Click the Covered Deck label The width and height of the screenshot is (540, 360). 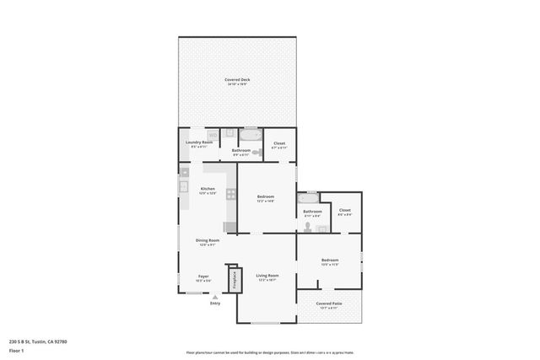(x=237, y=82)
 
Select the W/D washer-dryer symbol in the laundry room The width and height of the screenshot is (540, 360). (x=213, y=135)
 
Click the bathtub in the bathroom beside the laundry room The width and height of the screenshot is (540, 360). (x=251, y=135)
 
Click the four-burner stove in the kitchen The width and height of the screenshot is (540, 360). (x=230, y=194)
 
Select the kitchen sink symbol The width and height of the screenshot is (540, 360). (x=183, y=185)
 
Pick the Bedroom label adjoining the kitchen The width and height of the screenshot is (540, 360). (x=266, y=198)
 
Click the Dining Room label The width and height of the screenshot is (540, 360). (x=208, y=242)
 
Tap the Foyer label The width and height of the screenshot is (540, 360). (x=203, y=277)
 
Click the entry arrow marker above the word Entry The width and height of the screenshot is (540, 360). (x=215, y=296)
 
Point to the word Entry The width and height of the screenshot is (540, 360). (x=215, y=304)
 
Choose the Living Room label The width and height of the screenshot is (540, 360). (x=267, y=277)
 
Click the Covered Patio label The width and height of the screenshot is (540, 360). (x=328, y=304)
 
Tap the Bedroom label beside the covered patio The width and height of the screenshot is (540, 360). (x=329, y=261)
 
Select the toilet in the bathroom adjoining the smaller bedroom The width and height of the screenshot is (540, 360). (x=310, y=227)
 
